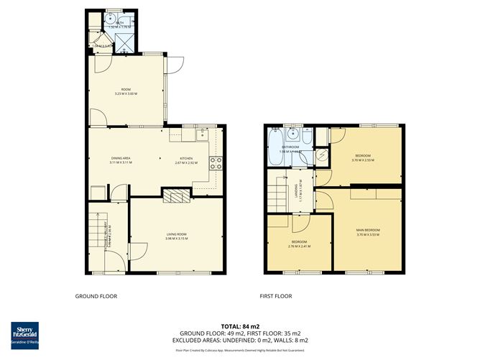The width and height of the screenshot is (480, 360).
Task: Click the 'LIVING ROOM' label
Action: (176, 234)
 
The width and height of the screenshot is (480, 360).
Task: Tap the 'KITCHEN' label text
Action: (186, 158)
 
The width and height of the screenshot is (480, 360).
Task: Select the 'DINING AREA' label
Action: (120, 158)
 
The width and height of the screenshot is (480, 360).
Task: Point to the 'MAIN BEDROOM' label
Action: (368, 230)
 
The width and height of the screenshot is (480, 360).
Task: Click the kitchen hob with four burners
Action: (213, 162)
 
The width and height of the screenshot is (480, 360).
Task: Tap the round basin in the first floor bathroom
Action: (292, 133)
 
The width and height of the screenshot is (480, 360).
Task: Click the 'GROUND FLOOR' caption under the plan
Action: (96, 296)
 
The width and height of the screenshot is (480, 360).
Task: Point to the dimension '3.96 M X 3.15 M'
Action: (176, 239)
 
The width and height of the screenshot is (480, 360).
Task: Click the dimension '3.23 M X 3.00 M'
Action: (126, 95)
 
